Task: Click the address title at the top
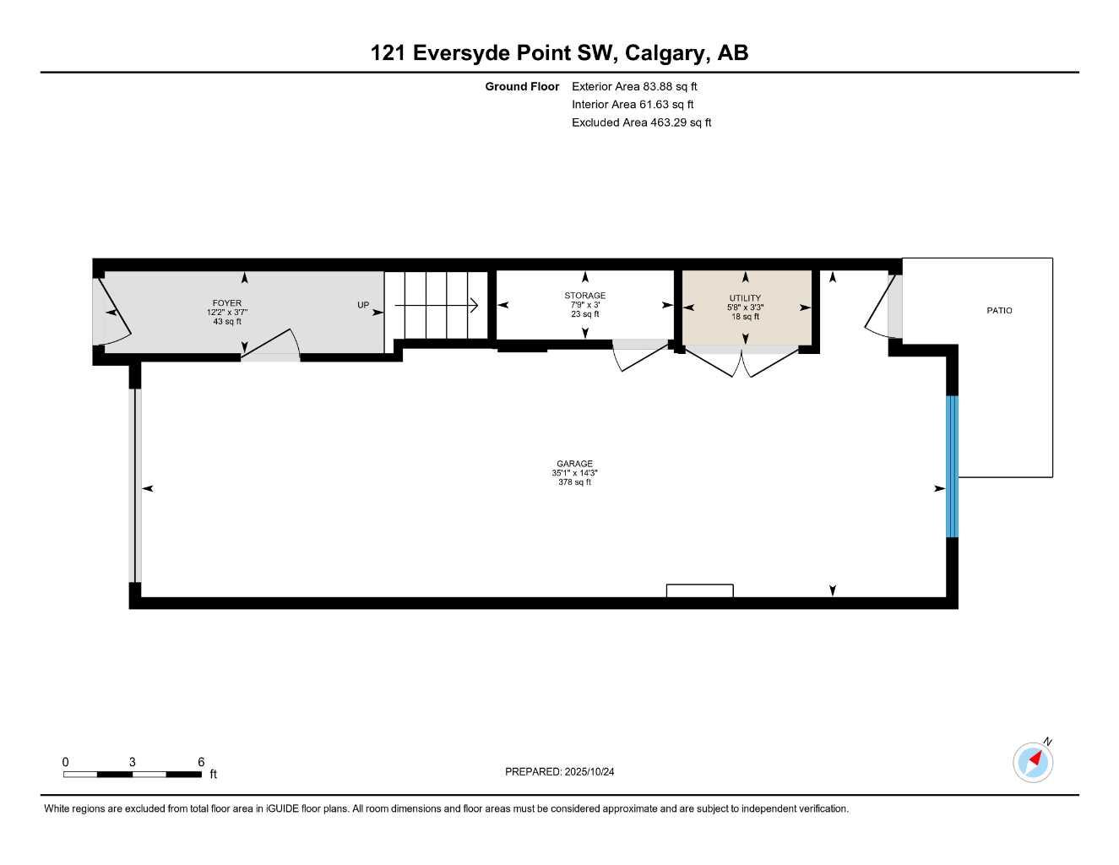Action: [x=559, y=52]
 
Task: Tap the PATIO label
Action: [x=999, y=311]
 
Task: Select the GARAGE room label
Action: [x=574, y=464]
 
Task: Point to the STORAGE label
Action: [x=584, y=296]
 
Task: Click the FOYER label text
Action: [x=226, y=303]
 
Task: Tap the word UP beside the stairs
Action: [x=363, y=305]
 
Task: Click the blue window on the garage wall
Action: [x=952, y=466]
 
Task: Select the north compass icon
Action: [x=1033, y=762]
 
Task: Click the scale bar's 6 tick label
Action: [x=201, y=762]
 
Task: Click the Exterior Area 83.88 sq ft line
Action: [x=634, y=86]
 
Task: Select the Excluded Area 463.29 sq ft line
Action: [x=641, y=122]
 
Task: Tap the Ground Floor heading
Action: [x=522, y=86]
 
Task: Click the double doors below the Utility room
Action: [x=741, y=364]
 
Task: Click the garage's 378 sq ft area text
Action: [x=574, y=482]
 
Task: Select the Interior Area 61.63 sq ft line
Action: [x=633, y=105]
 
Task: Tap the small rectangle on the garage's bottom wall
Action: [x=699, y=590]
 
